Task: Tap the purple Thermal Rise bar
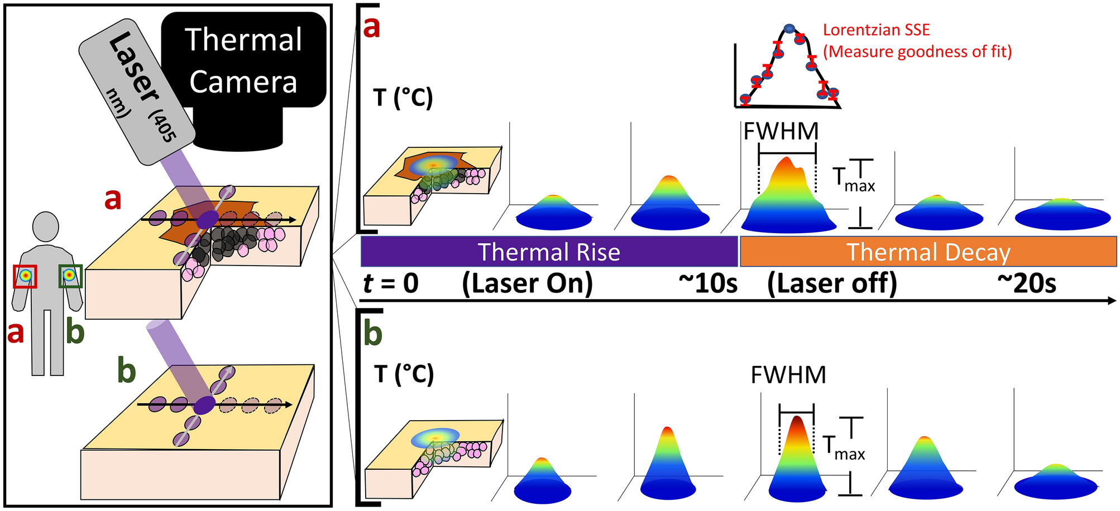549,252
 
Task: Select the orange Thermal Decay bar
928,252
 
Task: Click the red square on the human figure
25,276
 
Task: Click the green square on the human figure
70,276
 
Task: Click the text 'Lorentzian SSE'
876,30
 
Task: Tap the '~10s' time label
707,283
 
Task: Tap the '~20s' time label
1027,283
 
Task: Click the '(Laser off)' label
832,283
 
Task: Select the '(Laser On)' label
527,283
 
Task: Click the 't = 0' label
391,283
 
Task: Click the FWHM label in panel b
788,375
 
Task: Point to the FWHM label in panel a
781,132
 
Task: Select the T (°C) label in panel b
404,374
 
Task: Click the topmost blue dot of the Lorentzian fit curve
789,28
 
